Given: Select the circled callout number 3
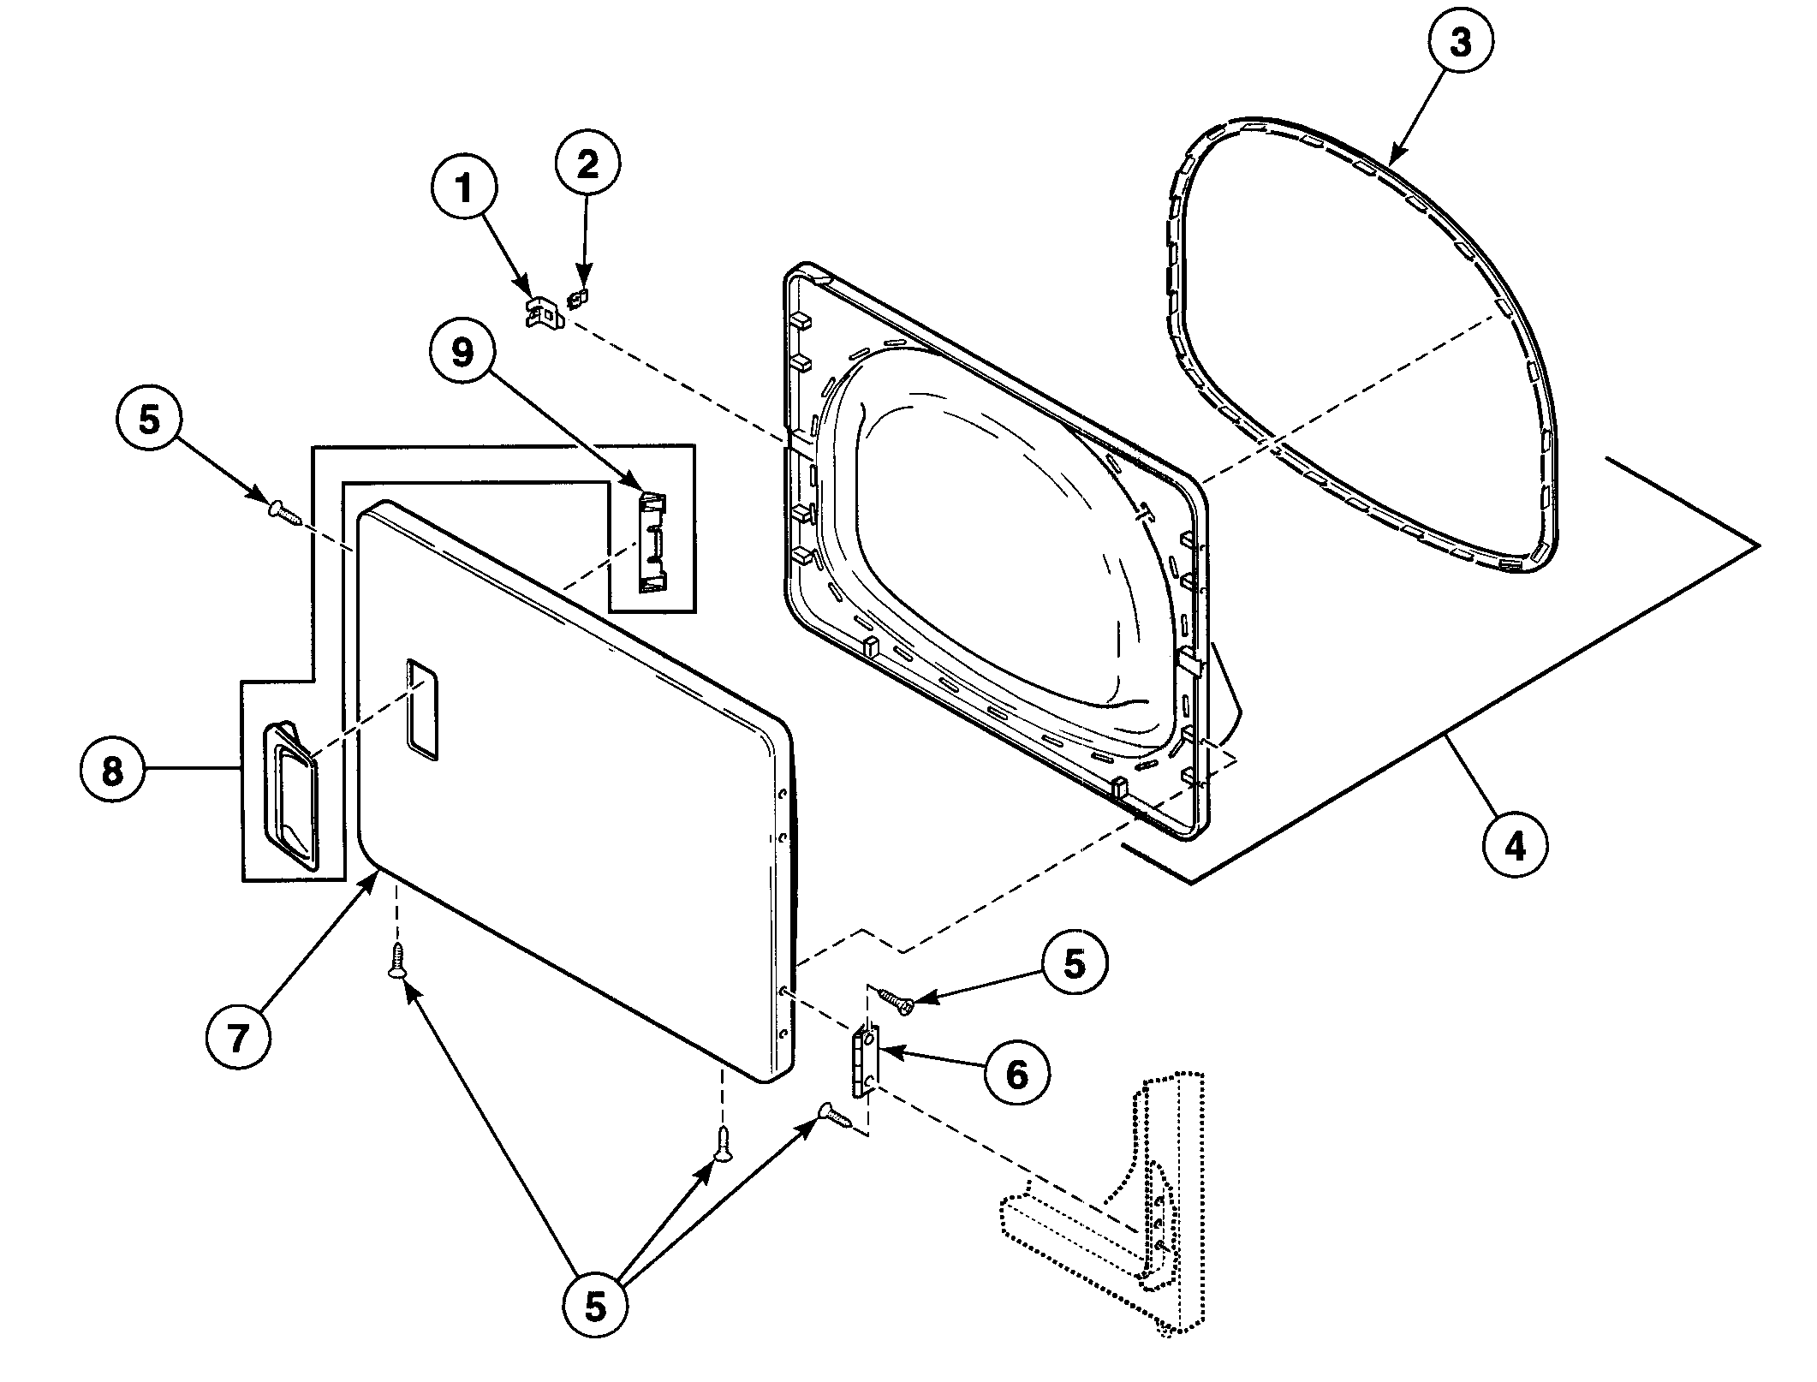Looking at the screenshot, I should [x=1459, y=42].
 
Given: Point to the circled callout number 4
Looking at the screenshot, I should [x=1515, y=847].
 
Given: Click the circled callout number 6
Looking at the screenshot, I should [x=1016, y=1074].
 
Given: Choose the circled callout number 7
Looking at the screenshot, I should [x=238, y=1038].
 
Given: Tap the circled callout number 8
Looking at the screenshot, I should [x=112, y=772].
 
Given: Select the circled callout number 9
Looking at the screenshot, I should [x=462, y=352].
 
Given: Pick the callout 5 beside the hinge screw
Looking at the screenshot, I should [x=1074, y=963].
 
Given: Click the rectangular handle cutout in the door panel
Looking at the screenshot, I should [x=422, y=709].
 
